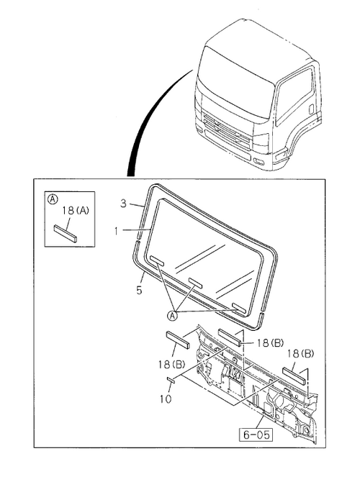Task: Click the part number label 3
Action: click(124, 204)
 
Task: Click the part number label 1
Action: click(116, 231)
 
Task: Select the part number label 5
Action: click(139, 290)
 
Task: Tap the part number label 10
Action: click(166, 399)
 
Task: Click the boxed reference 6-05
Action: click(256, 434)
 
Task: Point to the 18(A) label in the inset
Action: click(75, 211)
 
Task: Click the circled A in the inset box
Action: click(53, 199)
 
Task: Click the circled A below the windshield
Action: click(172, 316)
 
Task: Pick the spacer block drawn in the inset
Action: click(66, 233)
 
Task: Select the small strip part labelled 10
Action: click(171, 379)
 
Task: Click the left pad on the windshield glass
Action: click(157, 260)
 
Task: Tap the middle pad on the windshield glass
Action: click(196, 282)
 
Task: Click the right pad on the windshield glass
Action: click(239, 308)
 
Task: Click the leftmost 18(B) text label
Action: click(171, 364)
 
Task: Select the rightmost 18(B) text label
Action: click(300, 353)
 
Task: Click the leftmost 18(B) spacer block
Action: click(178, 340)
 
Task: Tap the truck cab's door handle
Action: click(311, 109)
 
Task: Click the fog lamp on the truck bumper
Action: click(258, 161)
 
